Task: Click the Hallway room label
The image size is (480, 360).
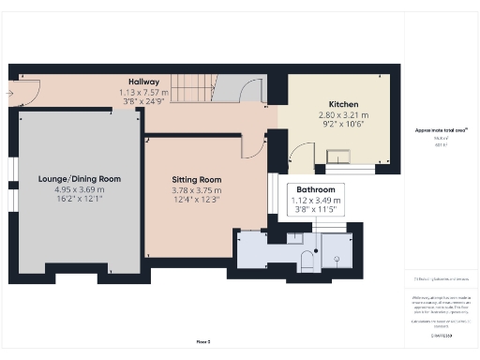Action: point(143,82)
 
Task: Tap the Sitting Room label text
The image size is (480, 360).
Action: point(196,179)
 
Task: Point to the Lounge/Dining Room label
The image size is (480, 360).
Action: point(79,178)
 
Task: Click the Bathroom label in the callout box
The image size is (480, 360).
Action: point(315,189)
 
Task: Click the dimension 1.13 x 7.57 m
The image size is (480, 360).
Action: point(143,93)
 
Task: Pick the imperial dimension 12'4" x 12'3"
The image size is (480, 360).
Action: point(196,200)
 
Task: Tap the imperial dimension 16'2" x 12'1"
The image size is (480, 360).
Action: point(79,199)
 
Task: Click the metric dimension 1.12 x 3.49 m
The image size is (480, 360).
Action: point(315,200)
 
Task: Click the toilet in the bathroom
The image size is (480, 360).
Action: point(307,259)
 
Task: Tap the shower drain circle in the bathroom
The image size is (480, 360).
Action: point(338,254)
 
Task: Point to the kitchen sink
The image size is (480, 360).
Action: point(337,156)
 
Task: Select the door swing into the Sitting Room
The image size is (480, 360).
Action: point(250,146)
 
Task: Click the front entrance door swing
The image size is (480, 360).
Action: point(28,92)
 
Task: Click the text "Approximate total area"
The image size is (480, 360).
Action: point(440,129)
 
